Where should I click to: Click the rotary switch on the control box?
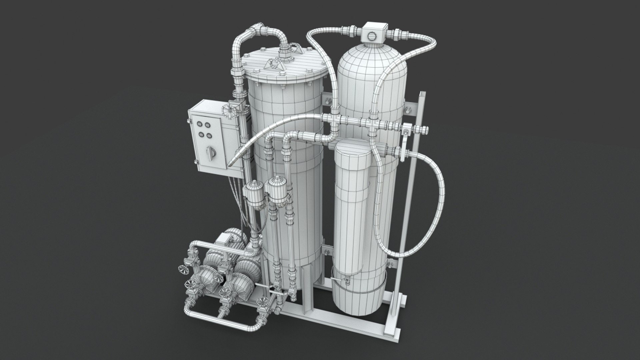coord(209,152)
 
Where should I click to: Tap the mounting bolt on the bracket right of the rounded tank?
coord(407,110)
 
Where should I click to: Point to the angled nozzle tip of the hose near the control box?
coord(232,162)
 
